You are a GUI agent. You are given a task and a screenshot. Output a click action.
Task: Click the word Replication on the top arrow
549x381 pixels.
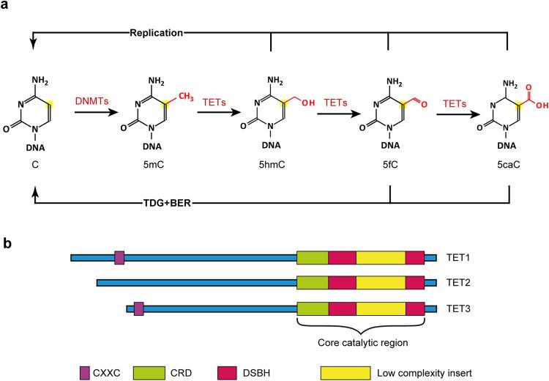point(156,33)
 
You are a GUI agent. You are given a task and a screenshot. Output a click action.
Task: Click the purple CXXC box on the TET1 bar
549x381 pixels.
point(119,257)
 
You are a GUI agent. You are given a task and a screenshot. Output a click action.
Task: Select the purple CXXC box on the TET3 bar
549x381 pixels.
point(138,310)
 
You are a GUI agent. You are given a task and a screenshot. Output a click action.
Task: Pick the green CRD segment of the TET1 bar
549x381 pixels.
point(313,257)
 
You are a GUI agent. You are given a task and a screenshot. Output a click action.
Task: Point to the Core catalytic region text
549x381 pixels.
point(360,341)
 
